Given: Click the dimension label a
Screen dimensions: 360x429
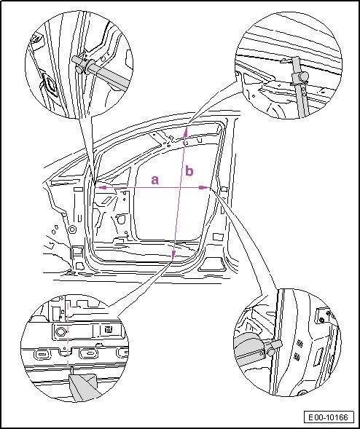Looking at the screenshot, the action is (155, 181).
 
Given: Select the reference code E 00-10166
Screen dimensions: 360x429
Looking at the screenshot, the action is (328, 417).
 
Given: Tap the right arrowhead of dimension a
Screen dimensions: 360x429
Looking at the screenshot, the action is (204, 187).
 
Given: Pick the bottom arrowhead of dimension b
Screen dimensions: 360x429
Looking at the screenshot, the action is (173, 254).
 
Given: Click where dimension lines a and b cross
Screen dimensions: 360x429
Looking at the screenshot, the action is (180, 187).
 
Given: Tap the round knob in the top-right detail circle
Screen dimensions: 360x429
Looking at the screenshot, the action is (303, 76).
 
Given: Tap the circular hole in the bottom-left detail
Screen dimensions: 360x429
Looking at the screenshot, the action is (60, 332).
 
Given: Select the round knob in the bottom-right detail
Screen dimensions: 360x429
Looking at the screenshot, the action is (271, 352).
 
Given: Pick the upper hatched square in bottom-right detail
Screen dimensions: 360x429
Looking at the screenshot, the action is (300, 345).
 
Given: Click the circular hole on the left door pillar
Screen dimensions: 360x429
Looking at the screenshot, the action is (72, 229).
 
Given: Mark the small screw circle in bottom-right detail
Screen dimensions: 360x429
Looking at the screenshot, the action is (322, 320).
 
